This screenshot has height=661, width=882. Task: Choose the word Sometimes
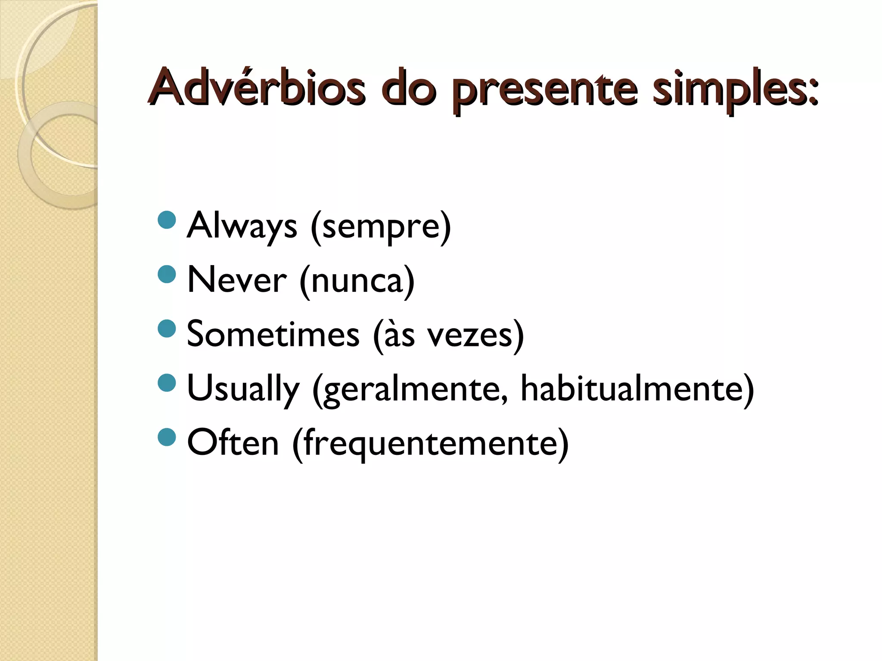(273, 335)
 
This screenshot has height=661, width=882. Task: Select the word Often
(233, 443)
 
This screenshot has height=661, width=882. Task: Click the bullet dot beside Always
(167, 219)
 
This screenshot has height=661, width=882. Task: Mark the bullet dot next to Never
(167, 274)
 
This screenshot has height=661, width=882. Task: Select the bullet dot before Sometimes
(167, 328)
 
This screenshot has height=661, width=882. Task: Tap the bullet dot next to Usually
(167, 382)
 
